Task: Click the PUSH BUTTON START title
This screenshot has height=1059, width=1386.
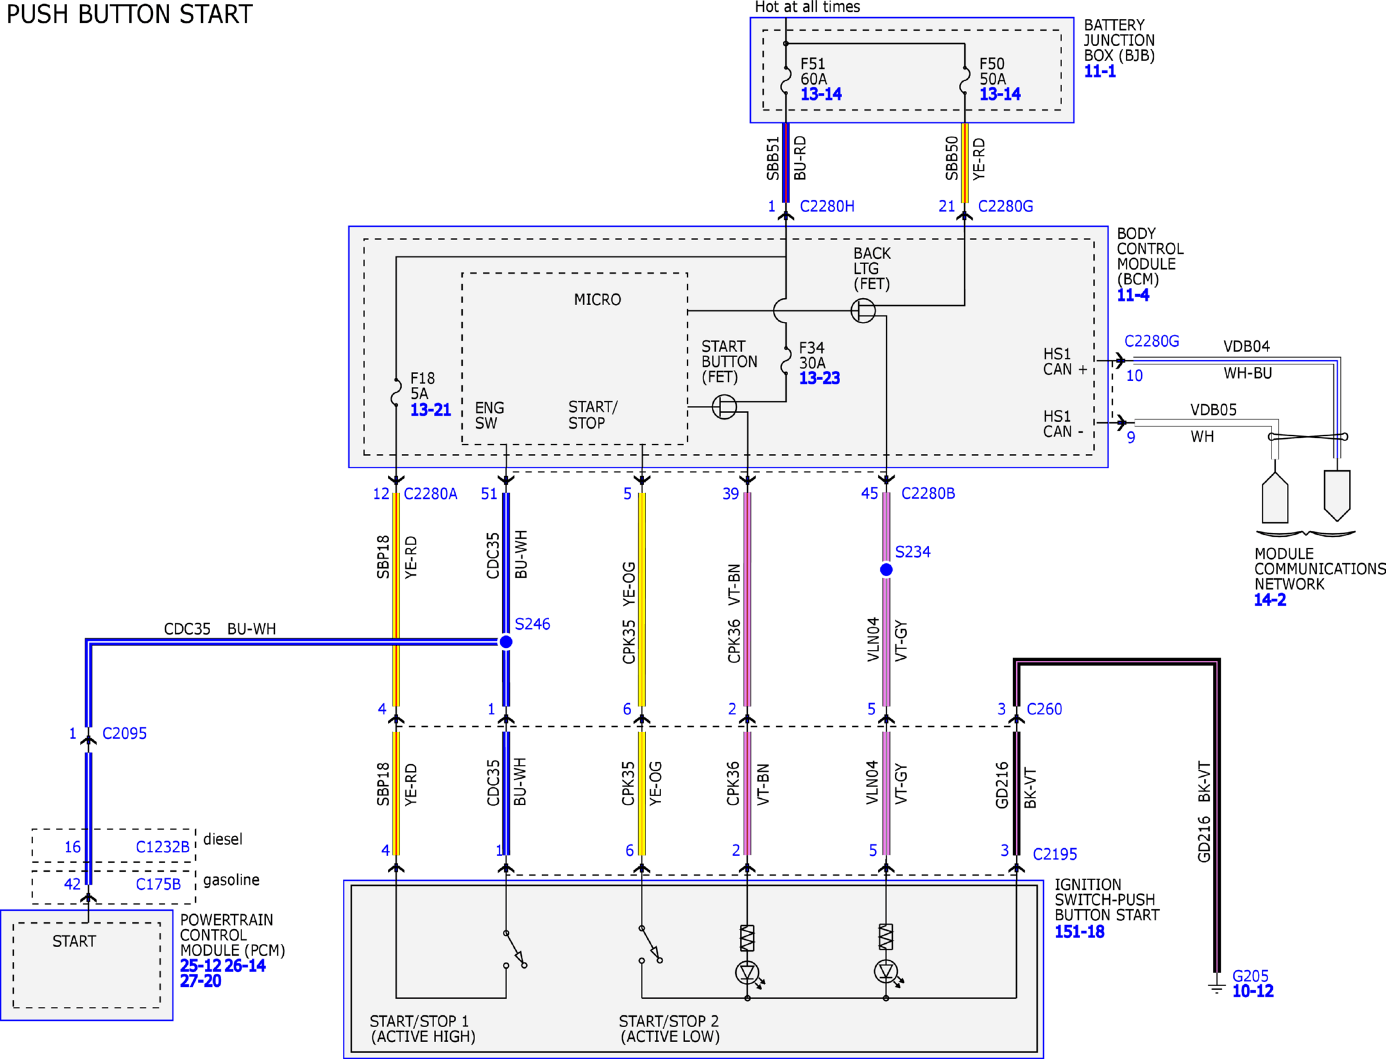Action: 129,14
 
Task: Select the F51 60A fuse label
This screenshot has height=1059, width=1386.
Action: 813,72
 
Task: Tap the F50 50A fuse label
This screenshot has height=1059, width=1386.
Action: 992,72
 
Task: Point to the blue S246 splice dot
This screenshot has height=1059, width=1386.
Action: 506,642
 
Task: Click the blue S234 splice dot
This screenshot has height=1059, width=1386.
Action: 886,570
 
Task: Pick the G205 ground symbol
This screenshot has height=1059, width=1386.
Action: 1216,987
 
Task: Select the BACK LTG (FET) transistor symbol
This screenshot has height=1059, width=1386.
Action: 863,310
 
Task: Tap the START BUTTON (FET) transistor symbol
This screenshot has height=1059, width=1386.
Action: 724,407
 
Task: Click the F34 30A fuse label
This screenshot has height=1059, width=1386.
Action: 812,355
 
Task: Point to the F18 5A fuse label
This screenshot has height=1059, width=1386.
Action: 422,386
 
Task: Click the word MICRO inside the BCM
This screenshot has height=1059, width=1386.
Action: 597,300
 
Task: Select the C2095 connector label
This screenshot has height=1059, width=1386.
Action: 124,734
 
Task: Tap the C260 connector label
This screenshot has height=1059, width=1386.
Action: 1044,709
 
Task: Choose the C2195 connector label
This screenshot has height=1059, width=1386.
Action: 1055,854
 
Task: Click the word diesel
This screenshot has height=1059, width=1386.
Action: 223,839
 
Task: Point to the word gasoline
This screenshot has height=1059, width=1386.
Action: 231,880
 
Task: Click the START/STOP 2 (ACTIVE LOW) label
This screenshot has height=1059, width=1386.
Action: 670,1029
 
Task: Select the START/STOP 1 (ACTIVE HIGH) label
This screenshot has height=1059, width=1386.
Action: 423,1029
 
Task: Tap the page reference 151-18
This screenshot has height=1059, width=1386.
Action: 1080,932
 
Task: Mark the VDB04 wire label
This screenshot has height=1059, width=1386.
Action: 1246,347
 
